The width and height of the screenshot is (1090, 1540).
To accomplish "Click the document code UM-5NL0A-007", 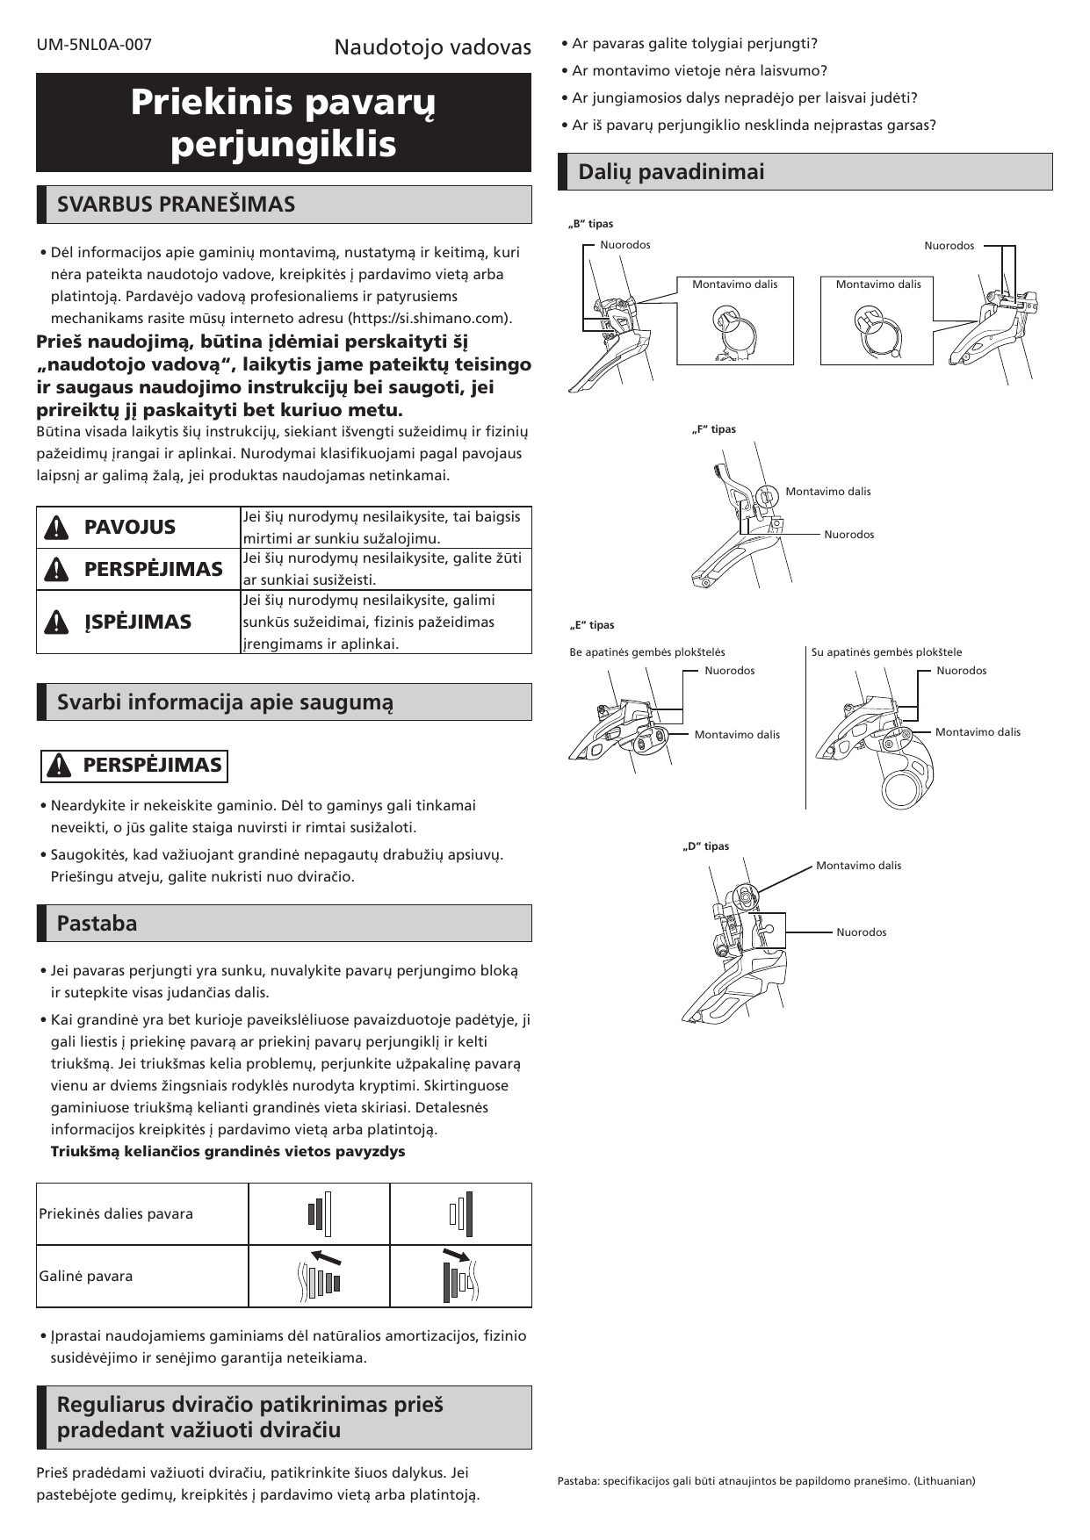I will tap(94, 45).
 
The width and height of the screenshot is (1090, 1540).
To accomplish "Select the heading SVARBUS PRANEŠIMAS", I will tap(176, 205).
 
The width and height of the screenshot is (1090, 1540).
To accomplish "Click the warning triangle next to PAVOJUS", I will tap(55, 528).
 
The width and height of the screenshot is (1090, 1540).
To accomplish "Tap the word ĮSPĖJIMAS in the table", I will tap(137, 622).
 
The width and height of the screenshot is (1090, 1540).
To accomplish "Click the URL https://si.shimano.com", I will tap(430, 318).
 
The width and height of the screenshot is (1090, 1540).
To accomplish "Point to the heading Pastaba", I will tap(97, 924).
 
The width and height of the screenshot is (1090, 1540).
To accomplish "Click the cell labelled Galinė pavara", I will tap(86, 1277).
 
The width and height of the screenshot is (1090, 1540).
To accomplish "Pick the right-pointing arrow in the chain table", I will tap(456, 1254).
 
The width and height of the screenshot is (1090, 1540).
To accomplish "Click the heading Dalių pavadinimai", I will tap(671, 172).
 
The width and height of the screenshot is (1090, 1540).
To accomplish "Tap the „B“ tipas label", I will tap(591, 224).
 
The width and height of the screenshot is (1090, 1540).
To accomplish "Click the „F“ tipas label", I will tap(713, 429).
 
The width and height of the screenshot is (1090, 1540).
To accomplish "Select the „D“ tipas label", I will tap(706, 846).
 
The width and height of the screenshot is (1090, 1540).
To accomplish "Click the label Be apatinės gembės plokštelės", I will tap(647, 652).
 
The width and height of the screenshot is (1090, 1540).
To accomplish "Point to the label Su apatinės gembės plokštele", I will tap(886, 652).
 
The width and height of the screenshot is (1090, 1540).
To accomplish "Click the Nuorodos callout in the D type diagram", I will tap(861, 932).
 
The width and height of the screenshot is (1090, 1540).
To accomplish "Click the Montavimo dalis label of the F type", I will tap(827, 492).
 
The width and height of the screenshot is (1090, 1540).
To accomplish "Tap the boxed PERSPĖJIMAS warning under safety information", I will tap(134, 766).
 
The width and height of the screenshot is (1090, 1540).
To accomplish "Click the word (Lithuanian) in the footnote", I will tap(944, 1481).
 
